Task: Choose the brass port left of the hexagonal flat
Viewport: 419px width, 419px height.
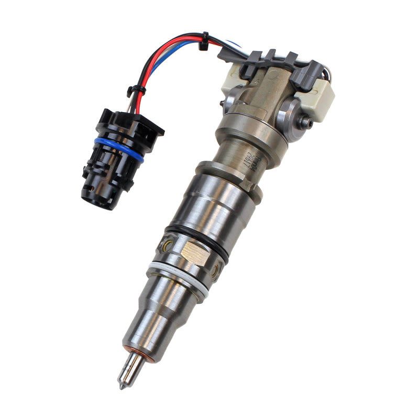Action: pos(167,246)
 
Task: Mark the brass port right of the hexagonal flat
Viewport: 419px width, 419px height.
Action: pos(214,271)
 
